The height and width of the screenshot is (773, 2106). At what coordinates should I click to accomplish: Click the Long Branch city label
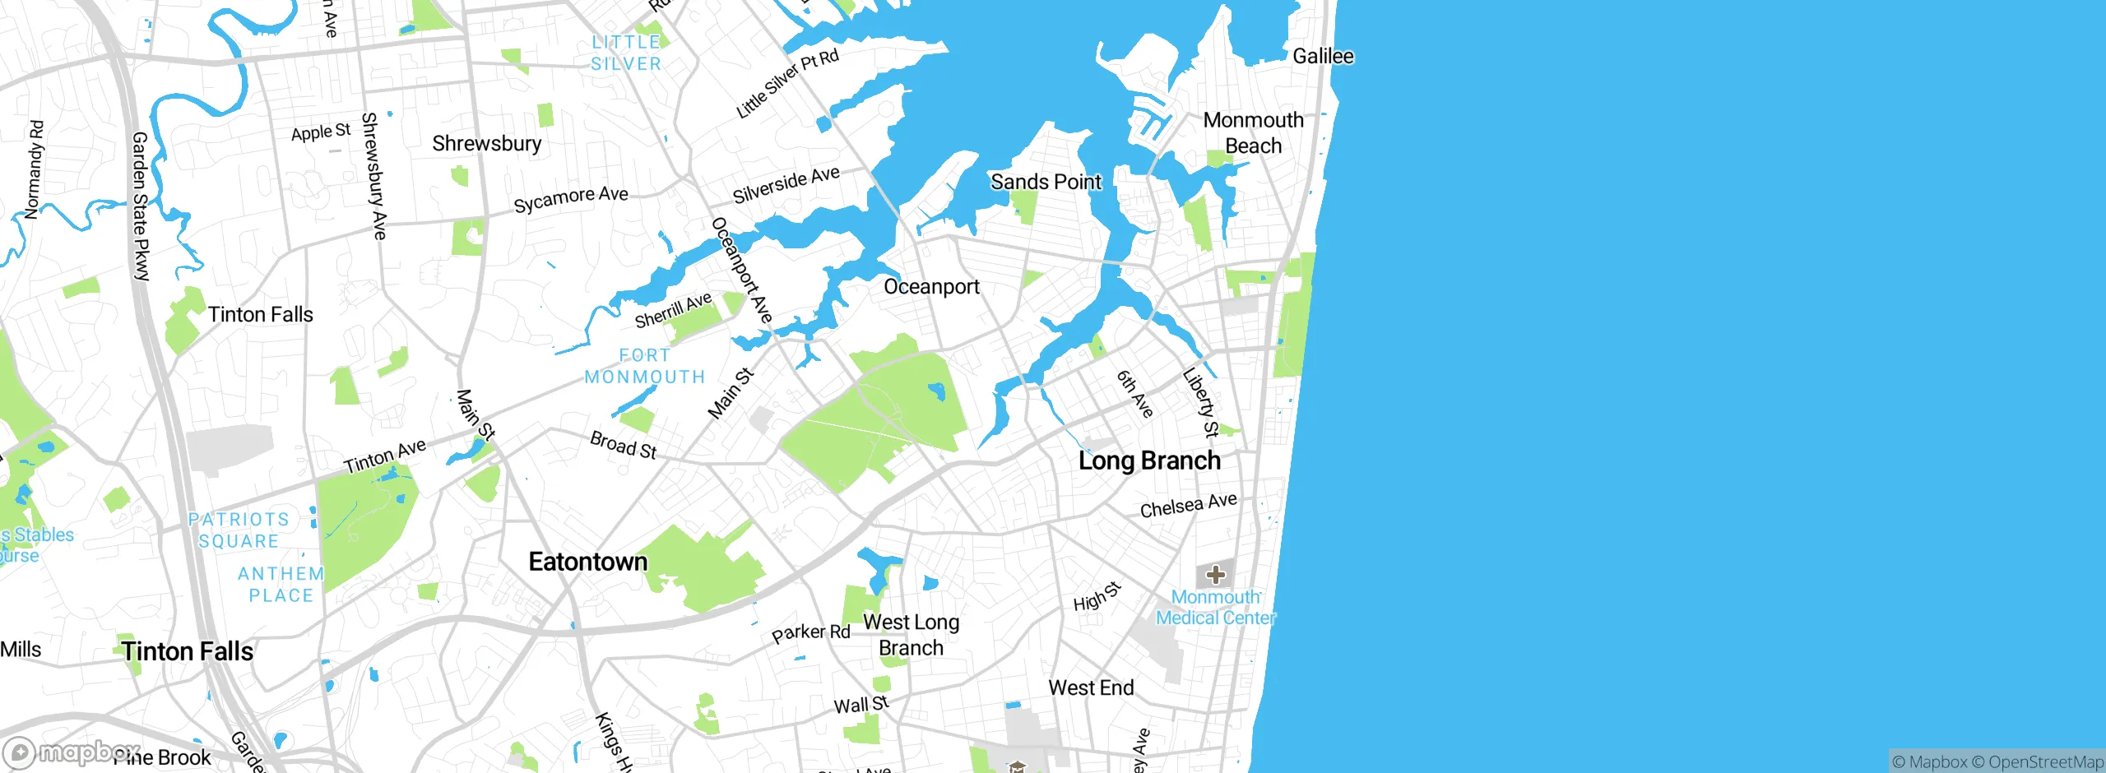point(1149,461)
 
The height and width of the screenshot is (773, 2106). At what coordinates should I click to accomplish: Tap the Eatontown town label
point(587,562)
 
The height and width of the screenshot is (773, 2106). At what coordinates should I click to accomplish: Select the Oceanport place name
point(931,287)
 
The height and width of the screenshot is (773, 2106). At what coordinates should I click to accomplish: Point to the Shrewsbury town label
point(486,144)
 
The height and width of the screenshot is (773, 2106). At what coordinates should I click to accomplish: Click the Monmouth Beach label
point(1253,133)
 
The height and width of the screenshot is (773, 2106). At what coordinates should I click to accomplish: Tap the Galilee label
point(1323,57)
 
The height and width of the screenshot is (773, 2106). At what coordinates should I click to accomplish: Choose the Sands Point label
point(1046,182)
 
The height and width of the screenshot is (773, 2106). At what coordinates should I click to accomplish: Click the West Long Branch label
point(911,635)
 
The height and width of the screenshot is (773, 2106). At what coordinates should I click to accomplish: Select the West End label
point(1091,687)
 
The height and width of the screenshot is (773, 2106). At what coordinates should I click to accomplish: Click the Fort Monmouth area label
point(645,366)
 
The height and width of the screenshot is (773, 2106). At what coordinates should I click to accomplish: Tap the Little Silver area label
point(626,53)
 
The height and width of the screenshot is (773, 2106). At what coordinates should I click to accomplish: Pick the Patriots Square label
point(239,530)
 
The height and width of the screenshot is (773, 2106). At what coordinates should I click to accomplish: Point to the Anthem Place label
point(281,585)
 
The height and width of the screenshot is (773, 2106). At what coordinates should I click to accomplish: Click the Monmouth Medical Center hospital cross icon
point(1215,575)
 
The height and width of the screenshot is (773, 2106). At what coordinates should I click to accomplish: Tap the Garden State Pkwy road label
point(141,206)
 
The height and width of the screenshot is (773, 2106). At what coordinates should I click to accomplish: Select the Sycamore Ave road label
point(570,199)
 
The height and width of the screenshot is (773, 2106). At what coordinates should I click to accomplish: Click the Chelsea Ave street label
point(1188,506)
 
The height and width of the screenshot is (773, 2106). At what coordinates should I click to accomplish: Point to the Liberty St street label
point(1200,403)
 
